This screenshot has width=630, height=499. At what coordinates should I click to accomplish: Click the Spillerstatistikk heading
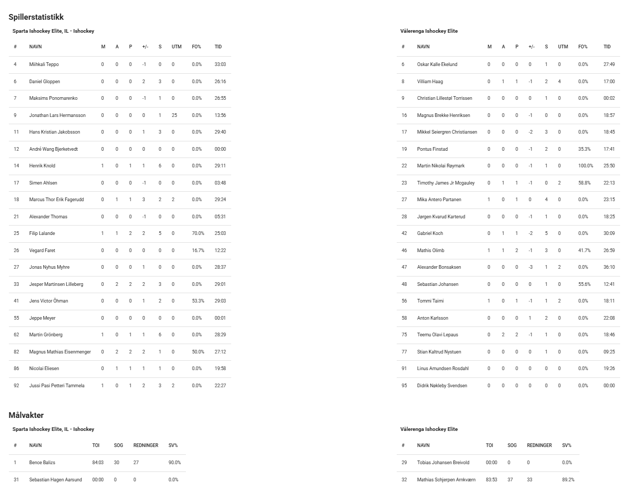(36, 18)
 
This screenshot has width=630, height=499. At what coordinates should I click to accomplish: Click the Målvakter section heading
(26, 415)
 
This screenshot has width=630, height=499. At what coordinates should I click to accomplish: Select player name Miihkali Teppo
(44, 64)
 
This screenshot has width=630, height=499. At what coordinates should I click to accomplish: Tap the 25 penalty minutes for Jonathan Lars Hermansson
(174, 115)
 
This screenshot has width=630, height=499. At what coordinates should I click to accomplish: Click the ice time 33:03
(220, 64)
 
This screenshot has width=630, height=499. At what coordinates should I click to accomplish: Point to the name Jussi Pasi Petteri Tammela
(57, 386)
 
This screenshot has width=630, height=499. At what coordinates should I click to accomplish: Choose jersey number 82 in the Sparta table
(16, 352)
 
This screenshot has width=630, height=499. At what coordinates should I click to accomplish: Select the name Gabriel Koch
(430, 233)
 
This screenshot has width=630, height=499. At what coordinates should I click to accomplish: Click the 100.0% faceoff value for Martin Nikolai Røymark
(586, 166)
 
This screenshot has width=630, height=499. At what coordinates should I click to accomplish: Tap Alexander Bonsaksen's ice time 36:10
(609, 267)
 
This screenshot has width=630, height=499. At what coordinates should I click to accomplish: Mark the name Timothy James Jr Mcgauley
(446, 183)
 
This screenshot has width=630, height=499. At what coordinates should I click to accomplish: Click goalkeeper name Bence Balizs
(42, 463)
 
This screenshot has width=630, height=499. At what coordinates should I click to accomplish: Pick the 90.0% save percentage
(174, 463)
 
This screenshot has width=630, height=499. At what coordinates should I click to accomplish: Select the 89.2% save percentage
(568, 480)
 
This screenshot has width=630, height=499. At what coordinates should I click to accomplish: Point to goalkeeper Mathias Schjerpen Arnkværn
(446, 480)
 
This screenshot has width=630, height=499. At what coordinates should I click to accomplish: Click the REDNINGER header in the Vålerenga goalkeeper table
(539, 445)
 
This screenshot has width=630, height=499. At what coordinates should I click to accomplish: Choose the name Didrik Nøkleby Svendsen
(442, 386)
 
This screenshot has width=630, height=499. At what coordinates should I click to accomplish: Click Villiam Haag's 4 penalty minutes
(560, 82)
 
